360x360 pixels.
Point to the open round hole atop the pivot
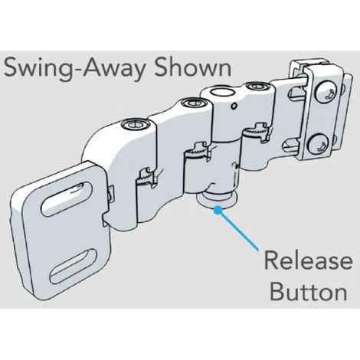click(x=223, y=93)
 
